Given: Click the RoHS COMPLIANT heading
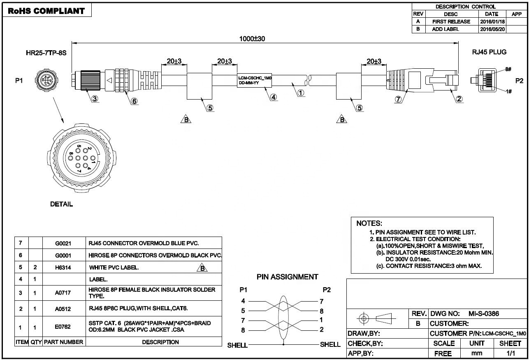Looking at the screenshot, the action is [x=46, y=11].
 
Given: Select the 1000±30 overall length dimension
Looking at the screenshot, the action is [x=252, y=39].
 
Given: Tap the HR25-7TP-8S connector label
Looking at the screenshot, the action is [x=46, y=53].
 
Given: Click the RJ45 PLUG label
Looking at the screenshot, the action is [x=489, y=52].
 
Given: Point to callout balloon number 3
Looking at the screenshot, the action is [x=95, y=98].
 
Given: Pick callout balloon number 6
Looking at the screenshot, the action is [x=135, y=101].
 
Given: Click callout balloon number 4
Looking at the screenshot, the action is [x=274, y=97].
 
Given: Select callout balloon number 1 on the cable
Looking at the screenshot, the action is [x=301, y=93].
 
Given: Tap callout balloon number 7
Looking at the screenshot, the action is [x=398, y=99].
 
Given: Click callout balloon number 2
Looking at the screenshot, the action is [x=459, y=99].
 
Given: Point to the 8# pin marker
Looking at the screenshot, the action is [x=508, y=69].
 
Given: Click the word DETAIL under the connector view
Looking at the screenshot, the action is [x=61, y=204].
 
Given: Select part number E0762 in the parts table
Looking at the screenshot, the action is [x=63, y=327].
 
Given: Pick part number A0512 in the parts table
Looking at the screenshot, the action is [x=63, y=309].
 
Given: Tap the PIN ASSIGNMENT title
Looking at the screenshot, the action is [x=288, y=277].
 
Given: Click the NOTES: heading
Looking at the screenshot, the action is [x=369, y=223].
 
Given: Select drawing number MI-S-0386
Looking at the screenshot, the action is [x=484, y=314].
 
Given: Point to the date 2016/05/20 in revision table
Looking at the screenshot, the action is [x=492, y=29].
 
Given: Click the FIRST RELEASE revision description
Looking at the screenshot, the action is [x=451, y=22].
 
